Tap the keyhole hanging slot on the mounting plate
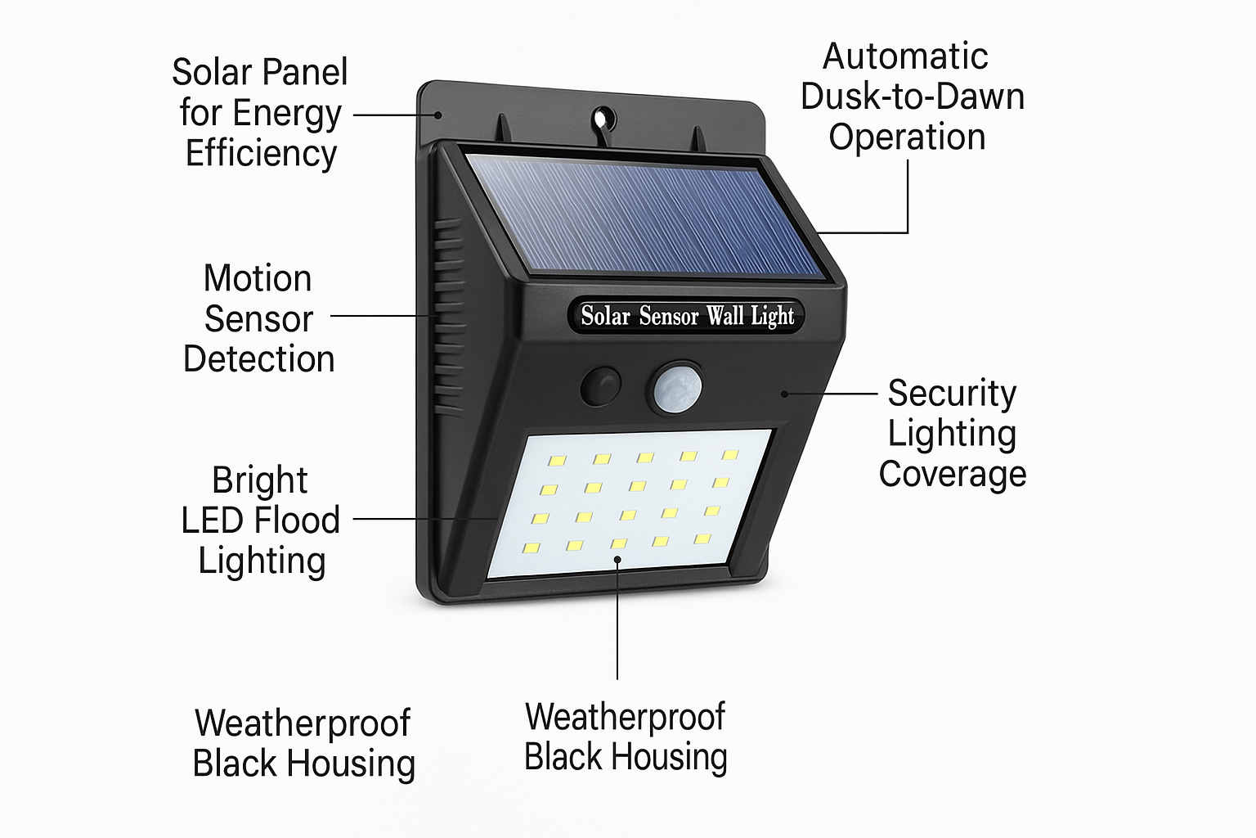606,118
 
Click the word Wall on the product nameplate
725,316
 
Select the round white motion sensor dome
676,387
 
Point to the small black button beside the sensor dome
602,386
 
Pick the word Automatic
905,56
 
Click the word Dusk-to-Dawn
912,97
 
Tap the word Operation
907,137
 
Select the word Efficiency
261,153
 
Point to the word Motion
258,278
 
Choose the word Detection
258,359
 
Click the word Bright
259,480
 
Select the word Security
952,394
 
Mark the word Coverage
953,474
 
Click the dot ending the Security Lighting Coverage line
784,394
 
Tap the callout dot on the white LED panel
617,560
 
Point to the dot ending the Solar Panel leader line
438,115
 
